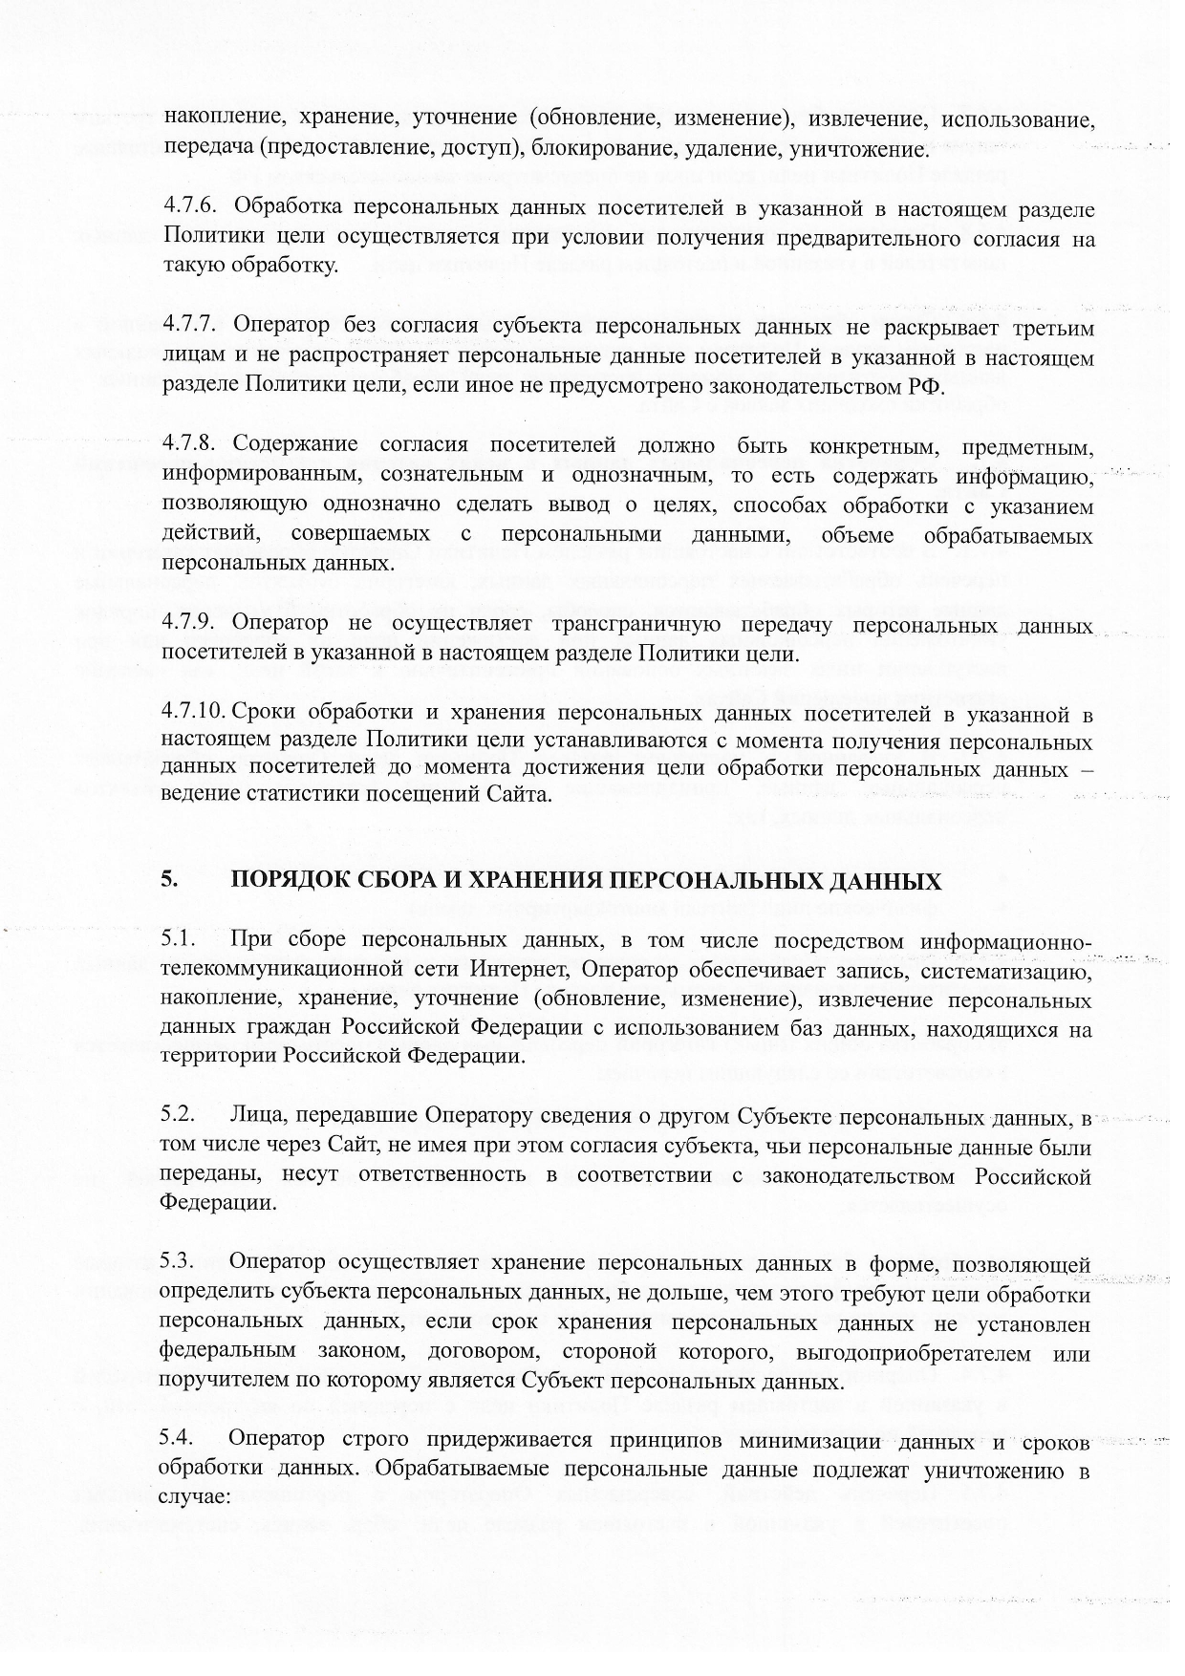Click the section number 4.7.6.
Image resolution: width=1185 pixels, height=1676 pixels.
pyautogui.click(x=191, y=207)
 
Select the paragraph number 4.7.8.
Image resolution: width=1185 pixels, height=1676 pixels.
pyautogui.click(x=191, y=445)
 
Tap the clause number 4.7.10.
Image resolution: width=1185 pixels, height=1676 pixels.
pyautogui.click(x=194, y=713)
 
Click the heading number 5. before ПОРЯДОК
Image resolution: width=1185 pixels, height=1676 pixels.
pyautogui.click(x=169, y=879)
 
